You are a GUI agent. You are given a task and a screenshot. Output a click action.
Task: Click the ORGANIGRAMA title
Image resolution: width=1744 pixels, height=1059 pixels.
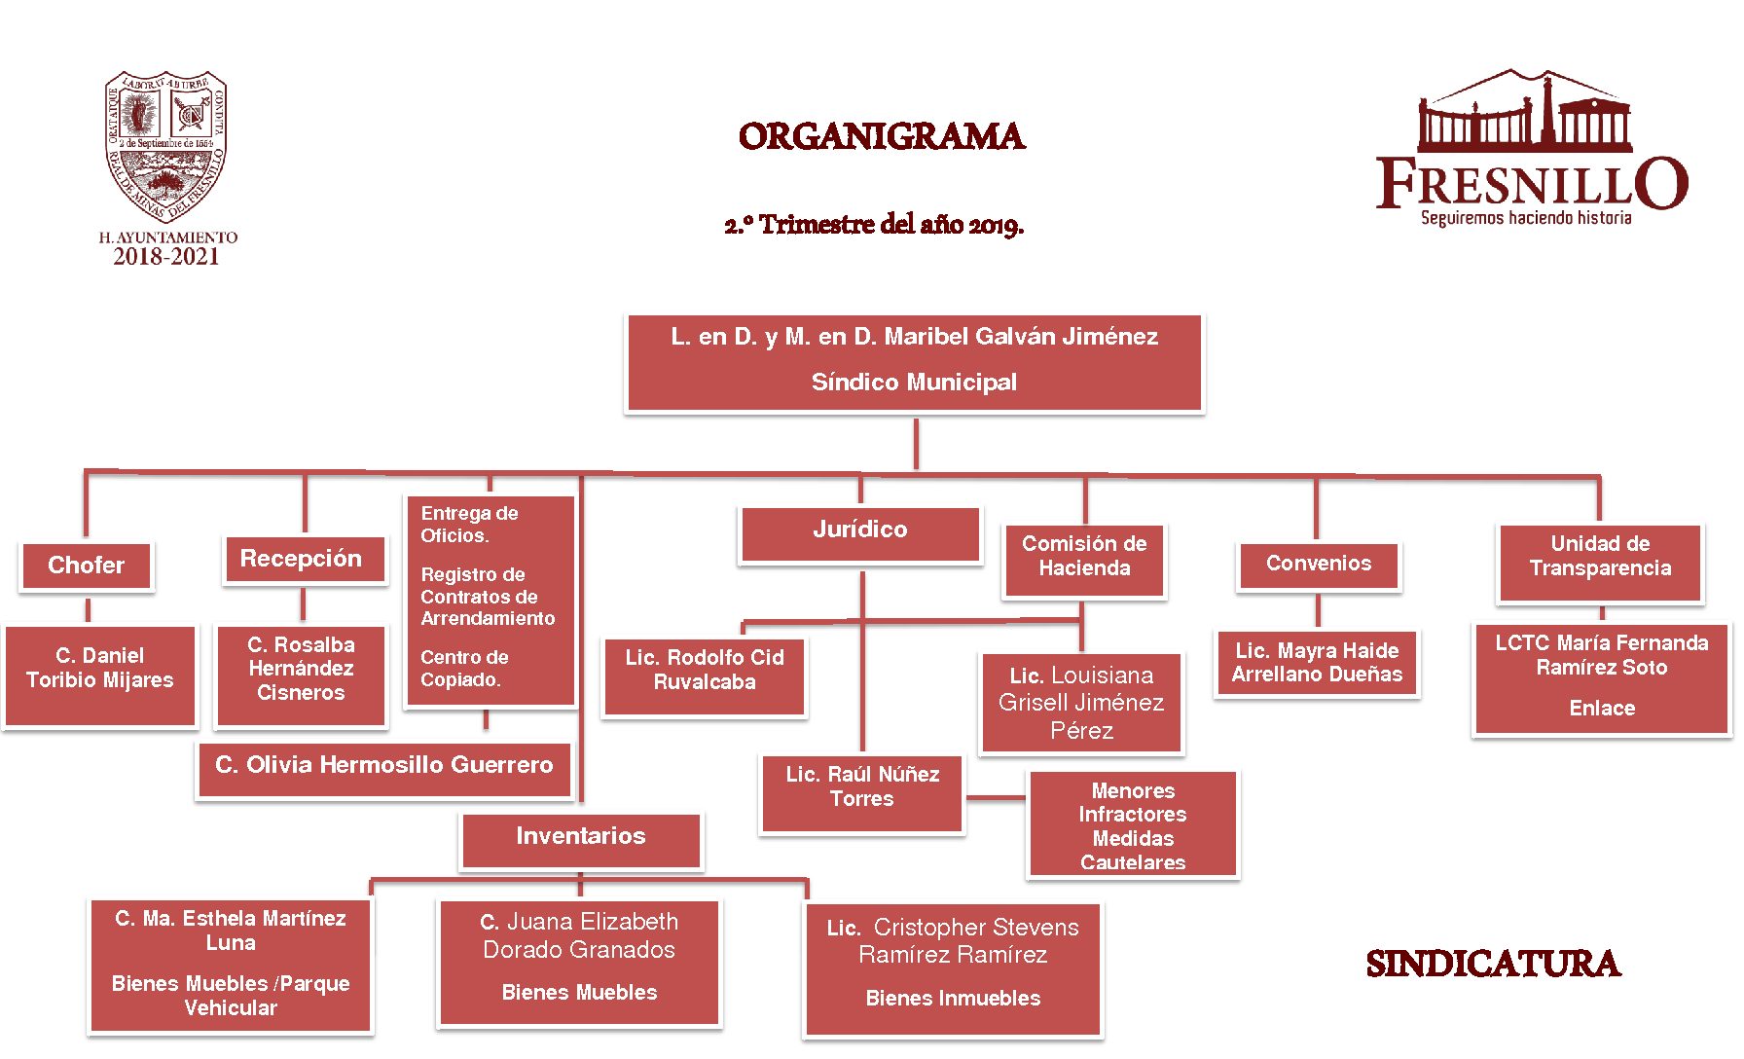coord(882,136)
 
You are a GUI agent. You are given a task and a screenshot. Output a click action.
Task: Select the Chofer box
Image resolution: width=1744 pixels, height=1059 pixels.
coord(87,566)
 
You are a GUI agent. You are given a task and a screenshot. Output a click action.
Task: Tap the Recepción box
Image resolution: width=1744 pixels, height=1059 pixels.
coord(302,559)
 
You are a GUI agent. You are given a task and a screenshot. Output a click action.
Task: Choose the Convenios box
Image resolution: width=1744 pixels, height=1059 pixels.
coord(1319,565)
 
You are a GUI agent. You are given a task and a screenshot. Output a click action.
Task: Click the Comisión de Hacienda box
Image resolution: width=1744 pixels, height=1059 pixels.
coord(1084,559)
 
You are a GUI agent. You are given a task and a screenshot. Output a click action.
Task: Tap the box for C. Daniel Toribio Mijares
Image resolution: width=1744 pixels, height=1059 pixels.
coord(100,676)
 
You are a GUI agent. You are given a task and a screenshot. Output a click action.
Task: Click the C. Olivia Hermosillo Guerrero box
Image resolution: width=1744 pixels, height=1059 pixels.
coord(384,767)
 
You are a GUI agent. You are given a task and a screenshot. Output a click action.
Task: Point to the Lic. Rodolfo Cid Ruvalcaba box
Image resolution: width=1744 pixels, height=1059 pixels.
coord(705,676)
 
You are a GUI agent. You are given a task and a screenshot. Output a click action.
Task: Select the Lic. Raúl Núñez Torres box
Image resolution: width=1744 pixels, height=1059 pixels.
coord(862,792)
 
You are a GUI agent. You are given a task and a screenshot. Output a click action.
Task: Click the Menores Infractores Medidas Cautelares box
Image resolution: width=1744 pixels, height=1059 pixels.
coord(1133,824)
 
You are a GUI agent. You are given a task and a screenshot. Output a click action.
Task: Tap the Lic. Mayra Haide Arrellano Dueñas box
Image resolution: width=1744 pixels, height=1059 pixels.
coord(1318,664)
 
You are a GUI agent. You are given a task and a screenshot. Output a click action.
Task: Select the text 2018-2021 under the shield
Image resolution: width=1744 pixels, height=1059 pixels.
coord(166,257)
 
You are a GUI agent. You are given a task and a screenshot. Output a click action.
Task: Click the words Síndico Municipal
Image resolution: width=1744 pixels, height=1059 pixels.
coord(914,383)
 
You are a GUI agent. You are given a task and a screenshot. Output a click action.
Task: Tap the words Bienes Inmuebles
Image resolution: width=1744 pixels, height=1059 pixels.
coord(953,998)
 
